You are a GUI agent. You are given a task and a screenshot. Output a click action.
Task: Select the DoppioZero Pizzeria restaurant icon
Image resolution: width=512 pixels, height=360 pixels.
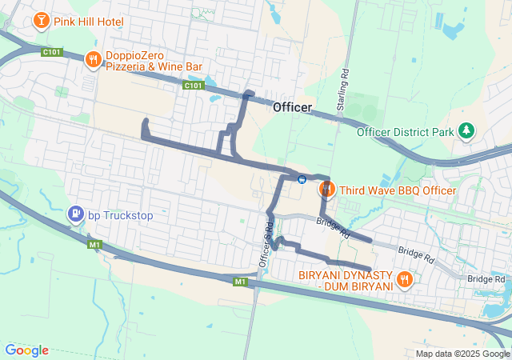click(x=93, y=58)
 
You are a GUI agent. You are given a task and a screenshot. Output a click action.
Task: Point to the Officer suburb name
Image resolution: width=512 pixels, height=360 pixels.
click(x=292, y=107)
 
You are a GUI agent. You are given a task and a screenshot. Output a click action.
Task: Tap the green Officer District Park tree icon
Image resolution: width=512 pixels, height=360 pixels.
click(x=466, y=130)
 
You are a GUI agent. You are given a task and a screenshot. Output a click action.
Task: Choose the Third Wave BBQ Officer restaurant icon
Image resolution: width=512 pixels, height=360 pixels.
click(x=326, y=190)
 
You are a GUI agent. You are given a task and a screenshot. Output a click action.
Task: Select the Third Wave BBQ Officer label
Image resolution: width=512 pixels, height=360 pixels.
click(x=398, y=190)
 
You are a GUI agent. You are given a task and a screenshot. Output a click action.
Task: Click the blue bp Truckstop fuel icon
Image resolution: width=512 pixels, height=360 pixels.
click(x=75, y=214)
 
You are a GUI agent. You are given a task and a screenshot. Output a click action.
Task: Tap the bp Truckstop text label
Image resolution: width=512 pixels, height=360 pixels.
click(x=120, y=215)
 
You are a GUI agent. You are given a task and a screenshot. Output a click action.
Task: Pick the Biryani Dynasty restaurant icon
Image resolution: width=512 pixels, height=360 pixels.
click(x=404, y=279)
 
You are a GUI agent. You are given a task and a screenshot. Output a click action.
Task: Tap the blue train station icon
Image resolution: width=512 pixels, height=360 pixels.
click(x=302, y=178)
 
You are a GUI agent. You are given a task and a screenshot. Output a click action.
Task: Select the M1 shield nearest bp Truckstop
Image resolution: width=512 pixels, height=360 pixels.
click(x=95, y=243)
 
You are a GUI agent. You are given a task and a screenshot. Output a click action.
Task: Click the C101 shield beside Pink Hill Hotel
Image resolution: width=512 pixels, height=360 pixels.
click(x=52, y=52)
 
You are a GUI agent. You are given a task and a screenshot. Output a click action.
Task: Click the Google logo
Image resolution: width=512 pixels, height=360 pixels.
click(x=27, y=350)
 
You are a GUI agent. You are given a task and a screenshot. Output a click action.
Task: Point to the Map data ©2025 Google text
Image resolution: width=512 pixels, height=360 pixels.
click(x=462, y=354)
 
